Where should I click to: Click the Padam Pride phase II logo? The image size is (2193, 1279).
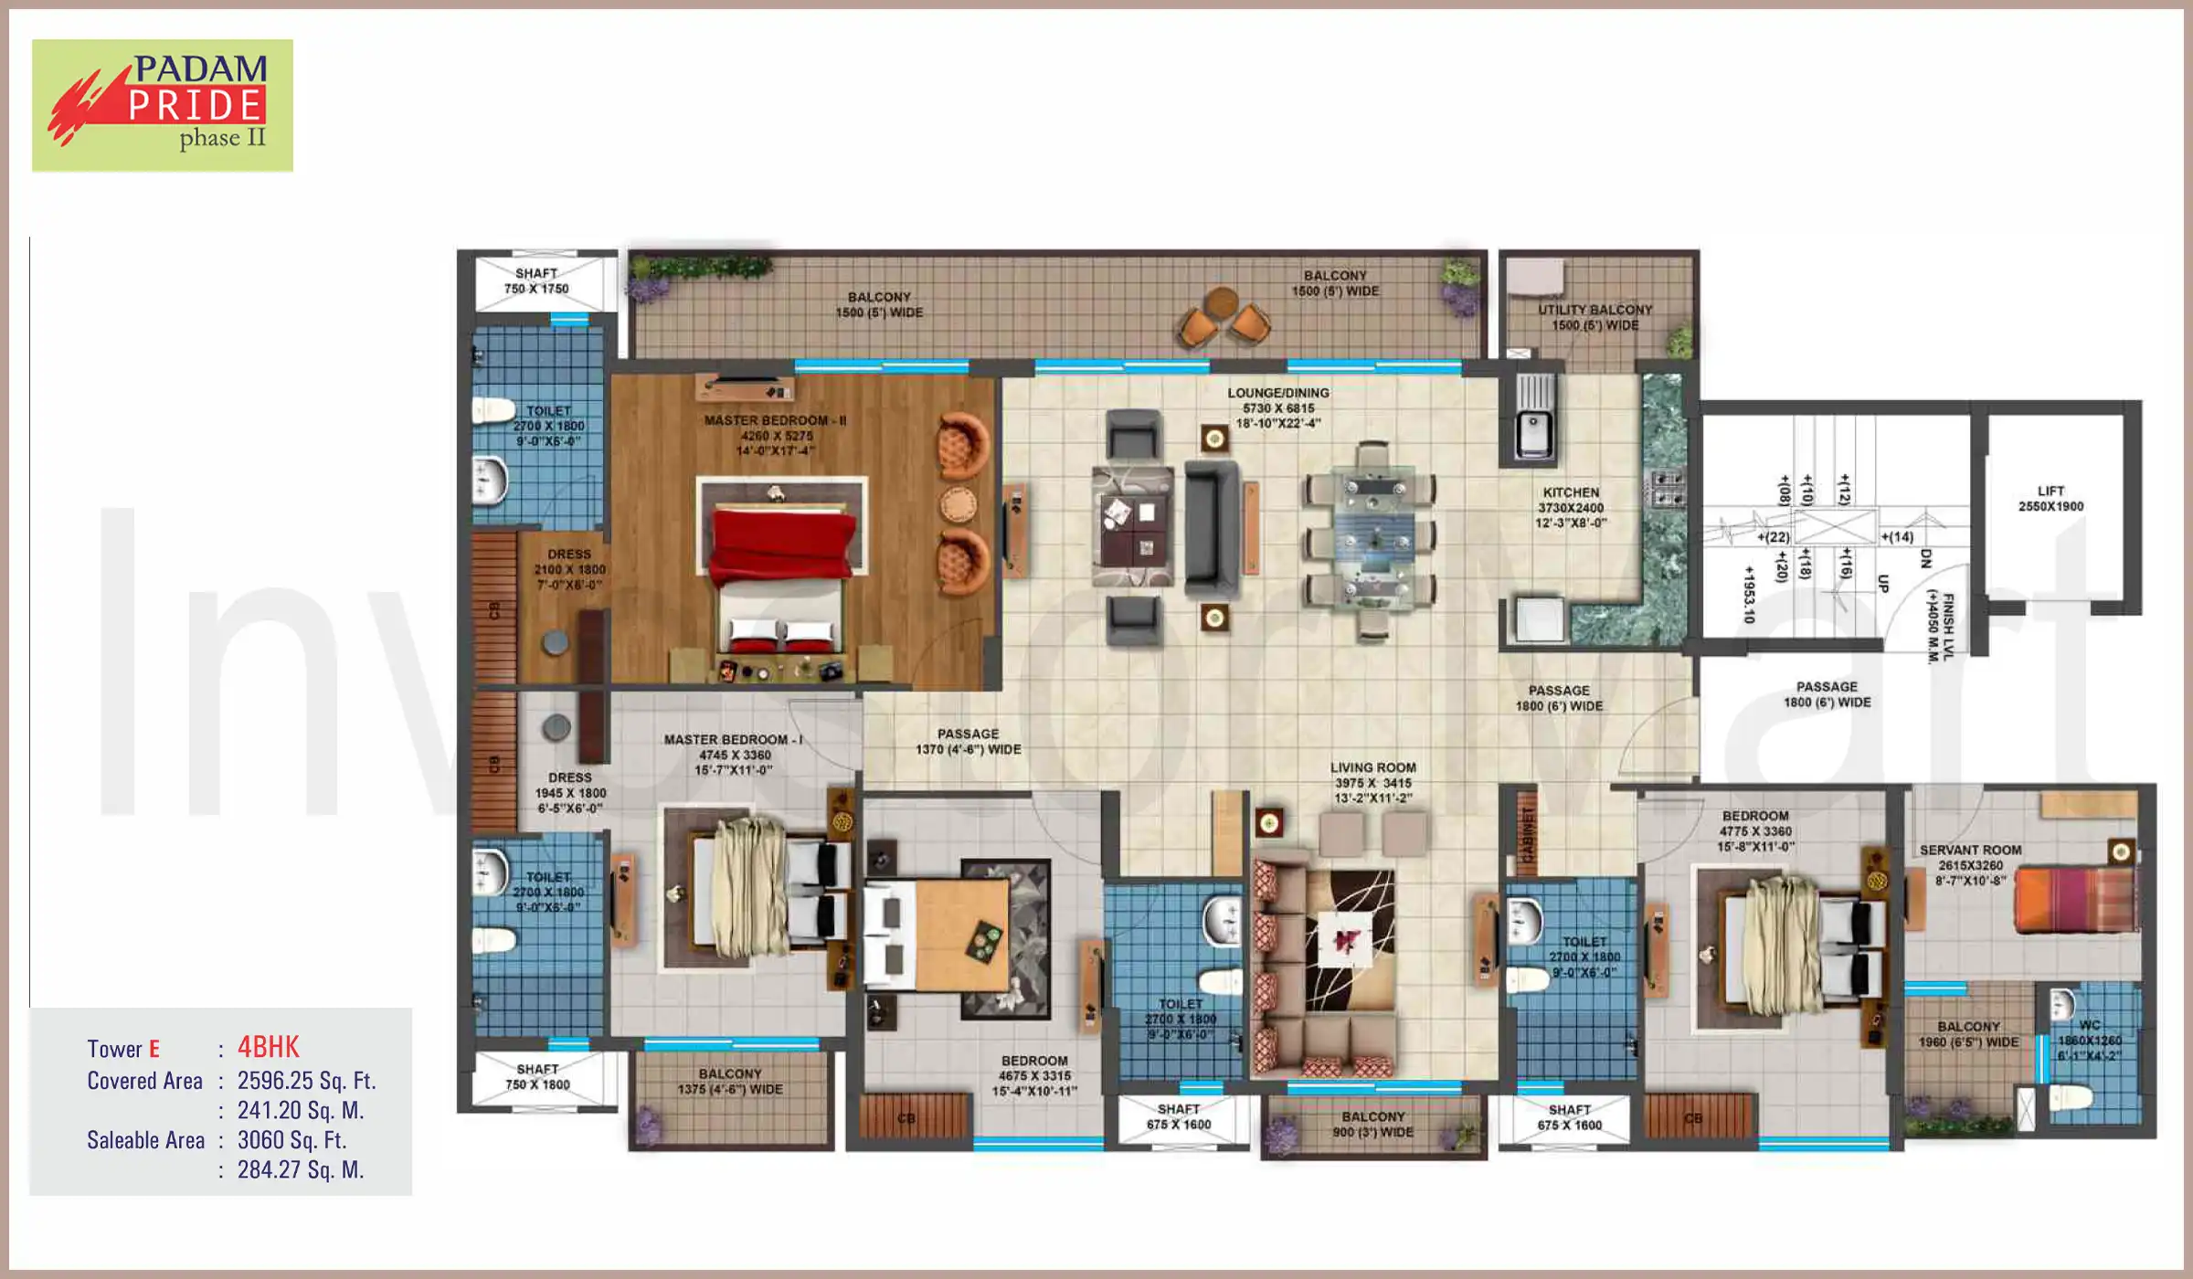click(x=163, y=105)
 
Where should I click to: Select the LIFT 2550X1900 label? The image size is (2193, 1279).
click(x=2050, y=499)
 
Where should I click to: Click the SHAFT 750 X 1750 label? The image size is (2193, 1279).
click(x=536, y=281)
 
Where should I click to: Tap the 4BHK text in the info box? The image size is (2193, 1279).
click(x=268, y=1047)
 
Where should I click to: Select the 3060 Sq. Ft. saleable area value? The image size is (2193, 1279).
click(x=291, y=1140)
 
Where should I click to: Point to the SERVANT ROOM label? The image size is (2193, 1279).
click(x=1970, y=851)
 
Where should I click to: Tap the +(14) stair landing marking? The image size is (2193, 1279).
click(x=1897, y=537)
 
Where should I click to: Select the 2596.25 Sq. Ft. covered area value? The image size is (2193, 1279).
click(x=306, y=1081)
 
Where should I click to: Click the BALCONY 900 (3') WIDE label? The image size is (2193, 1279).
click(x=1372, y=1125)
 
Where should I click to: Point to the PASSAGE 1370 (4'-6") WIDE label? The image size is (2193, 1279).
click(x=968, y=742)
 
